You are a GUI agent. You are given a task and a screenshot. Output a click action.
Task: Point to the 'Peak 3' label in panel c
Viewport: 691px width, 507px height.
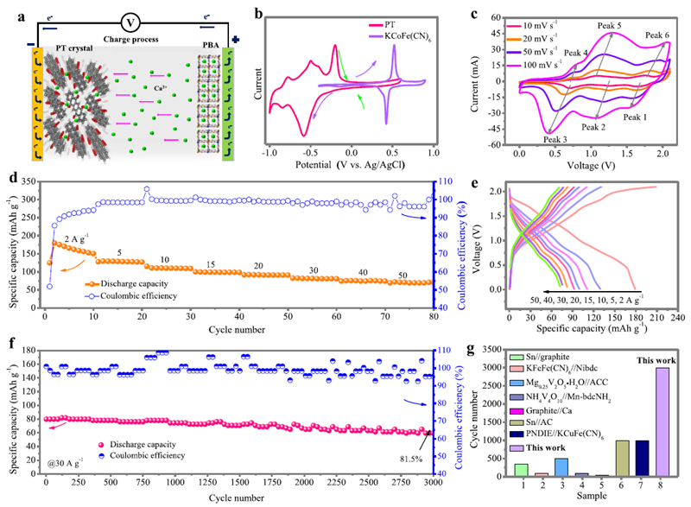pos(555,139)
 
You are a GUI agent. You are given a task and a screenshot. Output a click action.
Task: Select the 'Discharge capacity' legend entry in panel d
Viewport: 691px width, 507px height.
pos(129,282)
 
